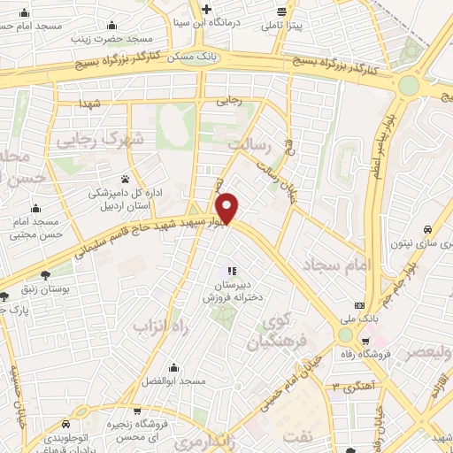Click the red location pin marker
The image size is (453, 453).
tap(228, 208)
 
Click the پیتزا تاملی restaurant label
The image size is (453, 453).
tap(281, 25)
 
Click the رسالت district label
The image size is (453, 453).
tap(246, 142)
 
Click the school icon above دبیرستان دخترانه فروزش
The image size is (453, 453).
tap(231, 271)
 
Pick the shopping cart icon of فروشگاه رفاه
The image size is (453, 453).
tap(365, 340)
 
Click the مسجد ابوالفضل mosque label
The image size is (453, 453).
tap(173, 380)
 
